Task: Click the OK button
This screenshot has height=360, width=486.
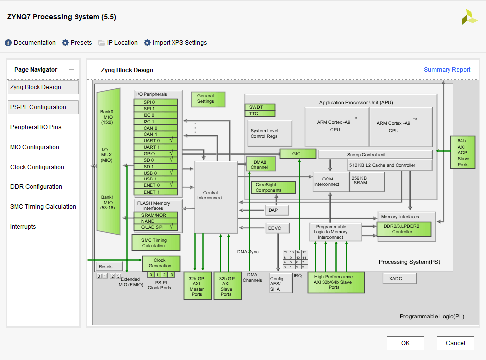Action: tap(405, 343)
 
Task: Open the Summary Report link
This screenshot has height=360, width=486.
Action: tap(447, 70)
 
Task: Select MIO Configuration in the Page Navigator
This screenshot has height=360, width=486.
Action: tap(35, 147)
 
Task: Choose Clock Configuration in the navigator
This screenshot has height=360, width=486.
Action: tap(37, 167)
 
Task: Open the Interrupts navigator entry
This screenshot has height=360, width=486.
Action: tap(23, 227)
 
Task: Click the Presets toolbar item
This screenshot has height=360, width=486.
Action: tap(77, 43)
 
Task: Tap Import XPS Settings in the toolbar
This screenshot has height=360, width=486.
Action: tap(175, 43)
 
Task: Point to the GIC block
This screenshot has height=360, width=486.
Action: tap(298, 154)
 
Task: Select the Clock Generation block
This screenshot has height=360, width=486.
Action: tap(160, 263)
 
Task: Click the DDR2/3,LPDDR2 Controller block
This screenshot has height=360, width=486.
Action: tap(404, 229)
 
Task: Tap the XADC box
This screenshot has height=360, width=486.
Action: tap(396, 279)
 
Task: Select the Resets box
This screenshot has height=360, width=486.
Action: tap(106, 266)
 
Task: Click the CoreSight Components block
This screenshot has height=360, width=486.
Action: tap(273, 187)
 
